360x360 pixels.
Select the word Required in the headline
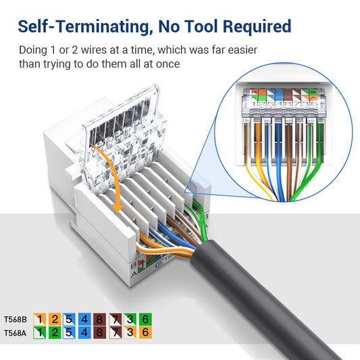(x=256, y=26)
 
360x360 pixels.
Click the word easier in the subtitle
(x=239, y=50)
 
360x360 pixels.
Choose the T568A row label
(x=15, y=332)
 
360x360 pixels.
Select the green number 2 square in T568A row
(x=55, y=332)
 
